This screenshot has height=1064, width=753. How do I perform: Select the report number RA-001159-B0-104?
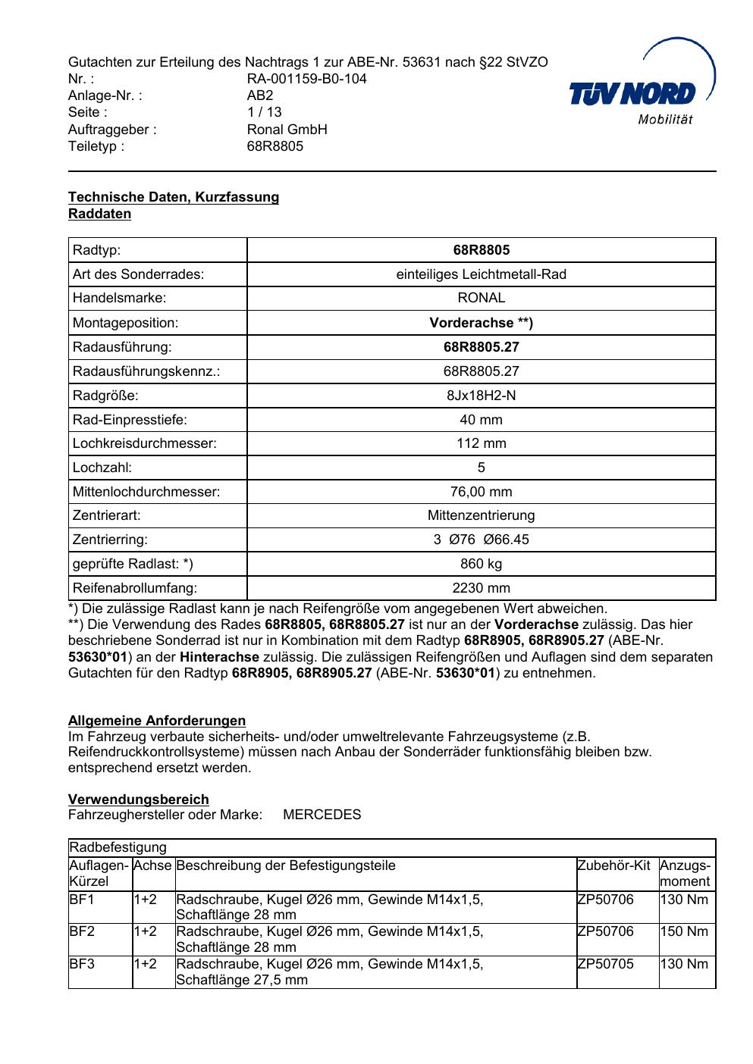pos(307,79)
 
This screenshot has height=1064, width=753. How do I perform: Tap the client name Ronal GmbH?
pos(287,129)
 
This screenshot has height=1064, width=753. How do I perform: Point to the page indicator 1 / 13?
pos(265,112)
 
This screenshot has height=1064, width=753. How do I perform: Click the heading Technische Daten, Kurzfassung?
pos(174,197)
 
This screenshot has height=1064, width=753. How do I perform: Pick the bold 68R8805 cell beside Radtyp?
pos(482,250)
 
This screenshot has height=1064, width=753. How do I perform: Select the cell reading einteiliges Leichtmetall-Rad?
pos(482,274)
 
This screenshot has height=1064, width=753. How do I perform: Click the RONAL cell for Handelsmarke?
pos(482,299)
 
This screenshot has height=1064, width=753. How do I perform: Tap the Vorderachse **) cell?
pos(482,323)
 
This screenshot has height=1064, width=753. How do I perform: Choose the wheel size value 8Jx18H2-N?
pos(482,396)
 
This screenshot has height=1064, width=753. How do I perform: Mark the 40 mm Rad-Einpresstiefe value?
pos(482,420)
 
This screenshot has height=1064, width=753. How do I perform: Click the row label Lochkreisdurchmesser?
pos(145,443)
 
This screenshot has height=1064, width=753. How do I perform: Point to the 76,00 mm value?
pos(482,492)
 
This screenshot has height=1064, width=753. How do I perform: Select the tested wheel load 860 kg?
pos(482,564)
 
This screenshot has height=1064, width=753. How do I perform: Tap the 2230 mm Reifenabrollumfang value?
pos(482,588)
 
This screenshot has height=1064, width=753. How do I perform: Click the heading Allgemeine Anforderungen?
pos(157,721)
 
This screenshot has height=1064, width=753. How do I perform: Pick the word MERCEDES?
pos(322,815)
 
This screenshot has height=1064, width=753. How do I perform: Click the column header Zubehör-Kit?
pos(614,865)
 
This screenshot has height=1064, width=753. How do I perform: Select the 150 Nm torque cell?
pos(684,931)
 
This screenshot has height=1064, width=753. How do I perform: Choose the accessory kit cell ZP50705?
pos(605,964)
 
